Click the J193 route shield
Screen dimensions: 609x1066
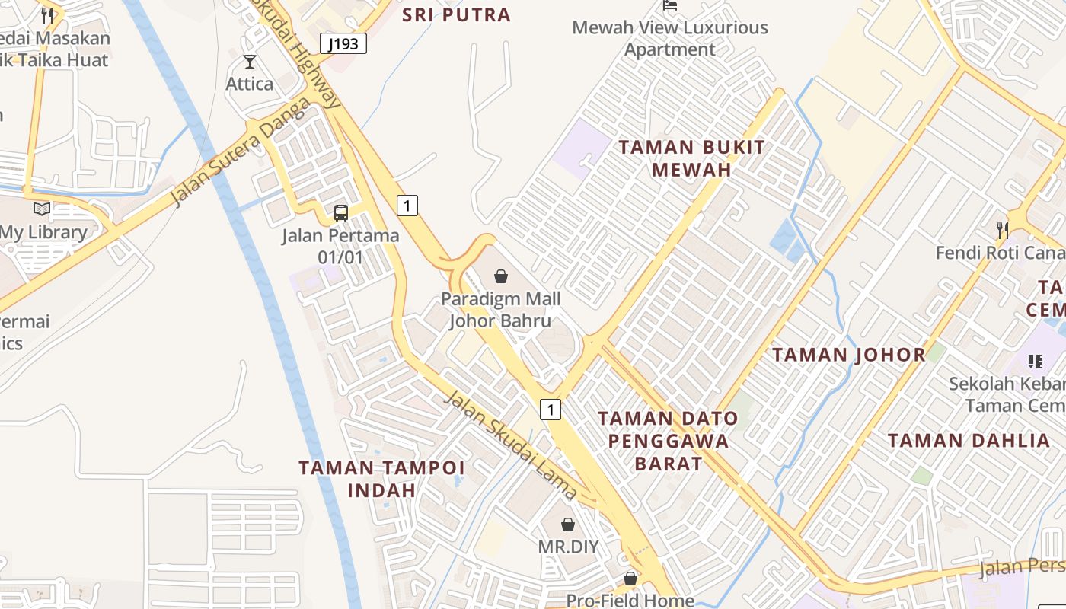343,43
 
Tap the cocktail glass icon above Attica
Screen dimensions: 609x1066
250,62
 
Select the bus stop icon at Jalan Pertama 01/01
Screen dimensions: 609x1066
340,213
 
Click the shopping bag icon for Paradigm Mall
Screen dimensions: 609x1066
501,276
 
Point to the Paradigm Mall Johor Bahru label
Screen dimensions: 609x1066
500,310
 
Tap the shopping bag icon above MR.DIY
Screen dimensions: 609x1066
568,525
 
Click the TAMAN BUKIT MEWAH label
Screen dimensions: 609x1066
691,158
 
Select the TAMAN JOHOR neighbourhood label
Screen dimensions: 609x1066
849,355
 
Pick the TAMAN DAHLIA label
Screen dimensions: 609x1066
969,441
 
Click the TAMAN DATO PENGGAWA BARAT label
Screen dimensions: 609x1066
668,441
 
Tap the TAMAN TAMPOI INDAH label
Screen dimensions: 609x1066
381,478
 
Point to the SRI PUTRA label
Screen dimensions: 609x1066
456,14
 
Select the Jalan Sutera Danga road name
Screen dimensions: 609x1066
241,151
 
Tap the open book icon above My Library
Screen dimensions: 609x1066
42,209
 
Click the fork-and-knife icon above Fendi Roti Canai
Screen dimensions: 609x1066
1003,229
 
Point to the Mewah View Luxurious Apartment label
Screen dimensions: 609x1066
670,39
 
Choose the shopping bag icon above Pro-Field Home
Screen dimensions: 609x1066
630,579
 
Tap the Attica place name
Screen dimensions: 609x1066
249,84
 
